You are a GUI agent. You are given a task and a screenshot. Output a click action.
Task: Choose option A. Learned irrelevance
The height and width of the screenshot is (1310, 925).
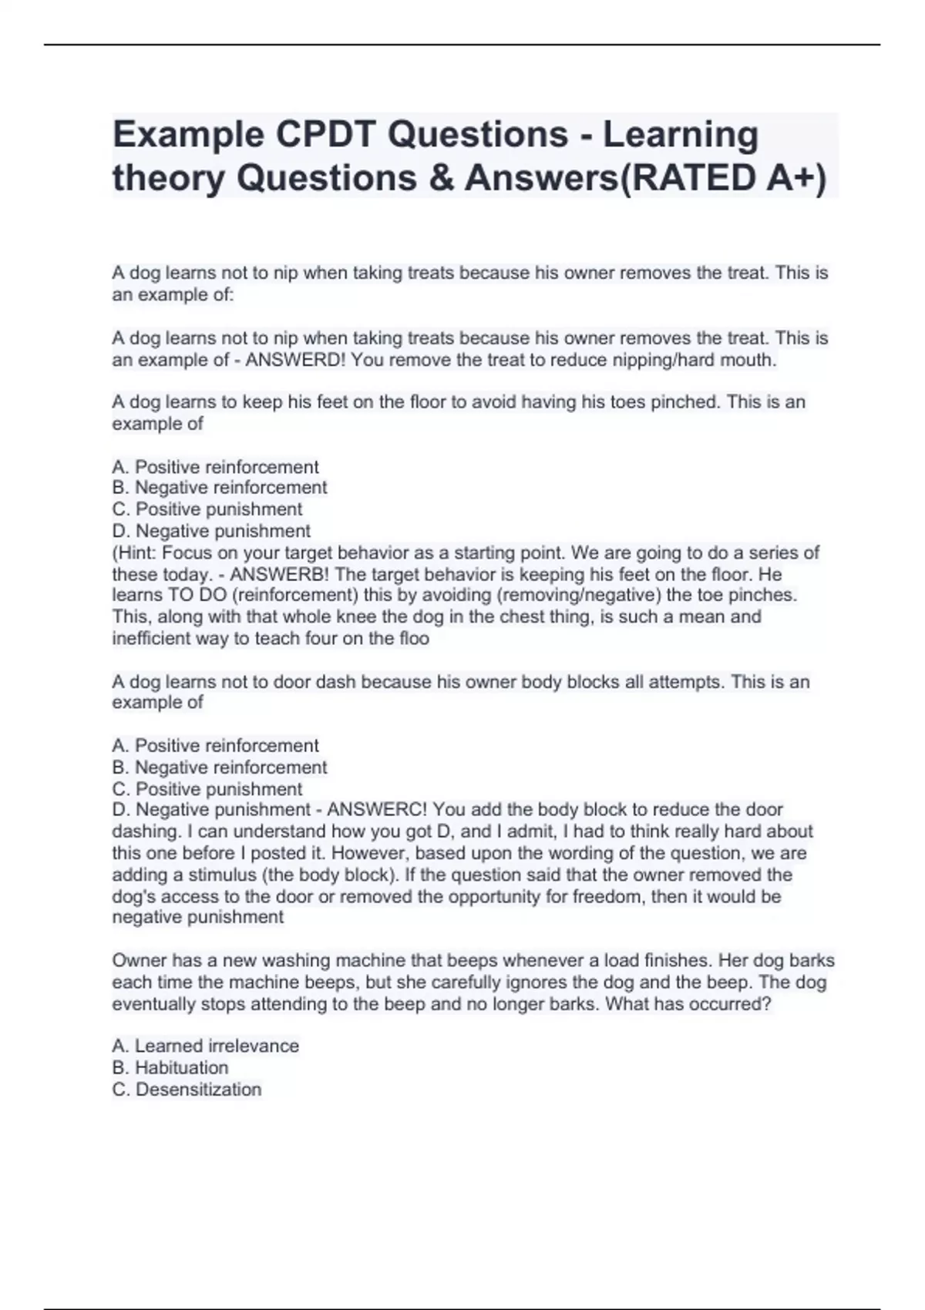click(205, 1046)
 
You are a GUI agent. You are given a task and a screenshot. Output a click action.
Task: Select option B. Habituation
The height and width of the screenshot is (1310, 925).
click(170, 1067)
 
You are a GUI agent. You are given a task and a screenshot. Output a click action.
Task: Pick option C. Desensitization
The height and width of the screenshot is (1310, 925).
click(187, 1089)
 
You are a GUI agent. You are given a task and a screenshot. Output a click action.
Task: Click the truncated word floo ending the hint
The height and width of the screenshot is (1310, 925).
click(413, 639)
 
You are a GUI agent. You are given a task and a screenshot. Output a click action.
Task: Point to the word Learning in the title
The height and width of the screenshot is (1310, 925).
click(681, 135)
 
